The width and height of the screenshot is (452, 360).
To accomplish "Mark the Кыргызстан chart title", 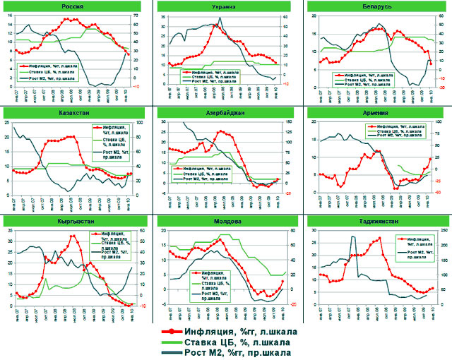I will pos(70,221).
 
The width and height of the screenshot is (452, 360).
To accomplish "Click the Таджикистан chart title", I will pos(376,221).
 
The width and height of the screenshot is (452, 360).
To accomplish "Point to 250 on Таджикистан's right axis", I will pos(434,231).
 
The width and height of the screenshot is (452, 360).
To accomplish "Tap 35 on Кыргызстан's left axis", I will pos(8,231).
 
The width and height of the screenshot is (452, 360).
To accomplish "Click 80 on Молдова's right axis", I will pos(285,231).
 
